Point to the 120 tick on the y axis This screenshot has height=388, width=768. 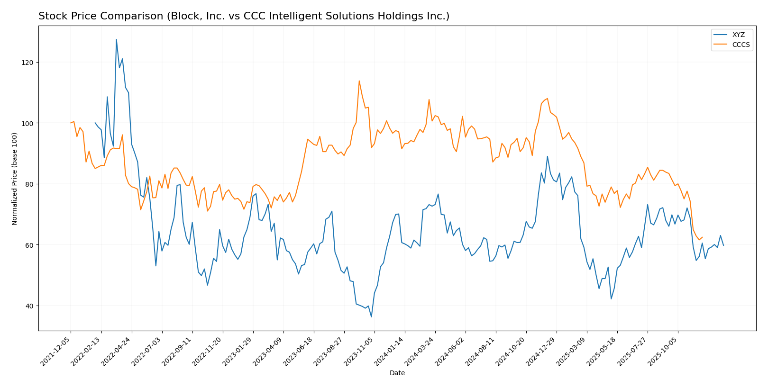point(29,63)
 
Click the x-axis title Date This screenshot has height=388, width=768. point(397,373)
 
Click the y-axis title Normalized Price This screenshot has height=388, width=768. point(15,179)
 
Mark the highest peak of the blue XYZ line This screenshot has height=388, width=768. point(116,40)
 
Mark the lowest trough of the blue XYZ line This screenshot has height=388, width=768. point(371,317)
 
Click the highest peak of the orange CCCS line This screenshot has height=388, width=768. point(359,81)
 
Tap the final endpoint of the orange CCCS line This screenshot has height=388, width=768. point(702,237)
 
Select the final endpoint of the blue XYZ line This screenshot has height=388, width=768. point(723,245)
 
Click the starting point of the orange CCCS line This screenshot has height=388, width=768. point(71,123)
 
